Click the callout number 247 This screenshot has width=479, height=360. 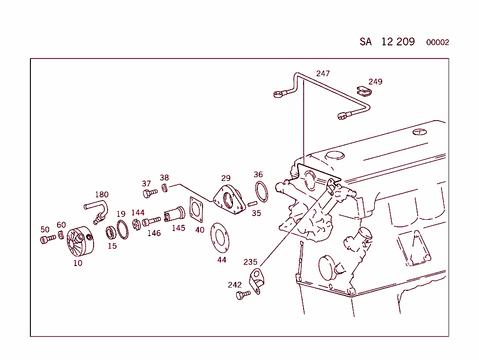click(323, 73)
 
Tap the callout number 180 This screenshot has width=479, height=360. click(102, 194)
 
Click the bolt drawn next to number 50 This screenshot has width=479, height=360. click(47, 239)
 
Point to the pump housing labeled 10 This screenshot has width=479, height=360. click(79, 242)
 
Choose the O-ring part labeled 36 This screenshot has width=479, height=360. click(261, 192)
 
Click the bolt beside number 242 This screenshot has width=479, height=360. click(243, 295)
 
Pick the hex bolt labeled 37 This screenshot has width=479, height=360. click(150, 193)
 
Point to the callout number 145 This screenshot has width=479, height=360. click(178, 228)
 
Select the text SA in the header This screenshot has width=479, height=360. click(365, 42)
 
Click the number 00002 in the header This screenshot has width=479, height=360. click(437, 43)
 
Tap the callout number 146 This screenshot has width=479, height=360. click(154, 233)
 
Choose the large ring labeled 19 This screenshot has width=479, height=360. click(122, 230)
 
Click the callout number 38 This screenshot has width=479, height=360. click(164, 178)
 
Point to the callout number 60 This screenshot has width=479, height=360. click(61, 225)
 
